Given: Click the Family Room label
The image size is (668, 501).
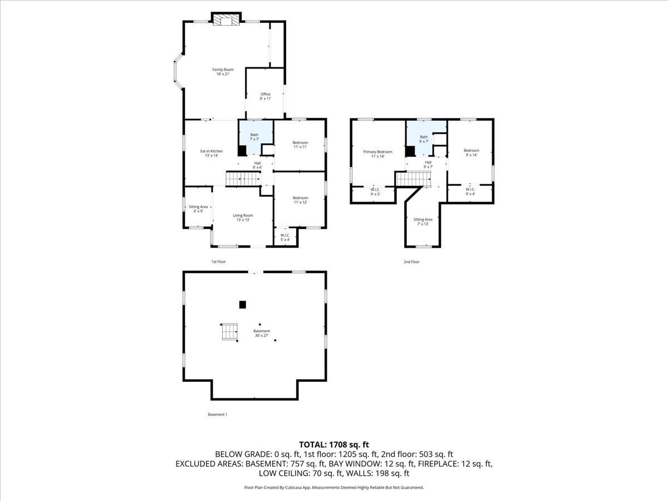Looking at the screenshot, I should point(222,72).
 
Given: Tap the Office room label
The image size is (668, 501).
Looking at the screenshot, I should point(266,96).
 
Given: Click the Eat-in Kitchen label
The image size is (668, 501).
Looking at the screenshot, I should point(212,153).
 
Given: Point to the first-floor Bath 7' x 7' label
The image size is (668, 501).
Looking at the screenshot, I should point(254,136).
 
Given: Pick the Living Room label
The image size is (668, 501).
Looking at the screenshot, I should point(243,217).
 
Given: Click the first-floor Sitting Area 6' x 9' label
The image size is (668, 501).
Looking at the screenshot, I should point(198,209).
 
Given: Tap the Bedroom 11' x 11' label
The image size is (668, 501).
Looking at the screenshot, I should point(300,145).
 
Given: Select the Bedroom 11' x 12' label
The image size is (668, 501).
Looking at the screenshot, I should point(300,200).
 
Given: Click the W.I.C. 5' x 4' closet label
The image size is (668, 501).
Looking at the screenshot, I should point(285,237).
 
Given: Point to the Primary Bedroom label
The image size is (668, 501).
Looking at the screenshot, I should point(377,154).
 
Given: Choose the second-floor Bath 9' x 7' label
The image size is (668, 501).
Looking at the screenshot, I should point(424,139).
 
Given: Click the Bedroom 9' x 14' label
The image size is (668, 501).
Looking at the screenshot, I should point(471,153).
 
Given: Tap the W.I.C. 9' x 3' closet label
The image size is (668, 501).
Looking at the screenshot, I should point(375,191).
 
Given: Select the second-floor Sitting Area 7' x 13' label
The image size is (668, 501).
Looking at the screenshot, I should point(423,222).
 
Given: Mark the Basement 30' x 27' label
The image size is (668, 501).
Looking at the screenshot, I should point(262,333).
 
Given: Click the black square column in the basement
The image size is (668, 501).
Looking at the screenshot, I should point(242,304).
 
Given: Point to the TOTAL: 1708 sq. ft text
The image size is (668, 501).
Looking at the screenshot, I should point(334,444).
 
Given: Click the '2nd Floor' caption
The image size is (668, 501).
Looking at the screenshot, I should point(411,262).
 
